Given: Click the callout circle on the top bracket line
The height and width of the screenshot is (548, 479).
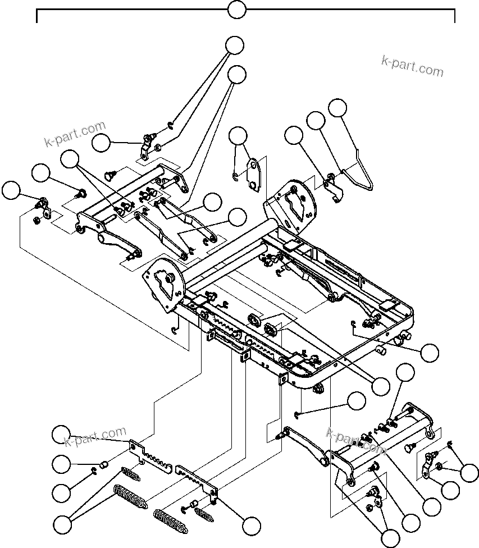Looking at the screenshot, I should tap(237, 10).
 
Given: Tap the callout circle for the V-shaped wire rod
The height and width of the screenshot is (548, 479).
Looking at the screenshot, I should tap(337, 108).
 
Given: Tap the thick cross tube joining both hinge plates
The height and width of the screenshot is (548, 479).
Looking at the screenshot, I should tap(230, 253).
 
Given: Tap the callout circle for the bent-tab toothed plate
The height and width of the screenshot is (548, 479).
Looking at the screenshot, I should tap(251, 526).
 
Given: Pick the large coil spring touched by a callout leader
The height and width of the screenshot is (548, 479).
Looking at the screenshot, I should tap(130, 496).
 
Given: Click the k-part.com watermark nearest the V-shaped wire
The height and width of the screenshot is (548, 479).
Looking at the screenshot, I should tap(412, 66).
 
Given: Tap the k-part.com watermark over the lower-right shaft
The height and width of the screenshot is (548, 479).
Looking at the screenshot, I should tap(355, 441).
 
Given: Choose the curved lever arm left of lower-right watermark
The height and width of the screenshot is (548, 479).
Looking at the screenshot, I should tap(306, 446).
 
